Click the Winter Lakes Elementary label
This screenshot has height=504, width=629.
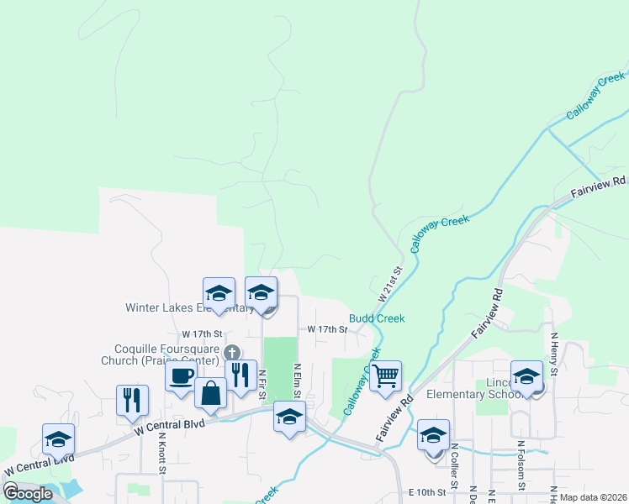pyautogui.click(x=189, y=307)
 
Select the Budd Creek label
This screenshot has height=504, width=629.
pyautogui.click(x=377, y=318)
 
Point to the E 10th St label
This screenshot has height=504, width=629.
pyautogui.click(x=425, y=491)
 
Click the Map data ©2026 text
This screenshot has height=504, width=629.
pyautogui.click(x=592, y=497)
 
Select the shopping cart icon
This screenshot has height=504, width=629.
pyautogui.click(x=385, y=375)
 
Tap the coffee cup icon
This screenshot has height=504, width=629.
pyautogui.click(x=181, y=375)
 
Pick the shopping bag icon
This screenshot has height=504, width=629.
pyautogui.click(x=210, y=392)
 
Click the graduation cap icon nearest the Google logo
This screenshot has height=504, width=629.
pyautogui.click(x=59, y=438)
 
